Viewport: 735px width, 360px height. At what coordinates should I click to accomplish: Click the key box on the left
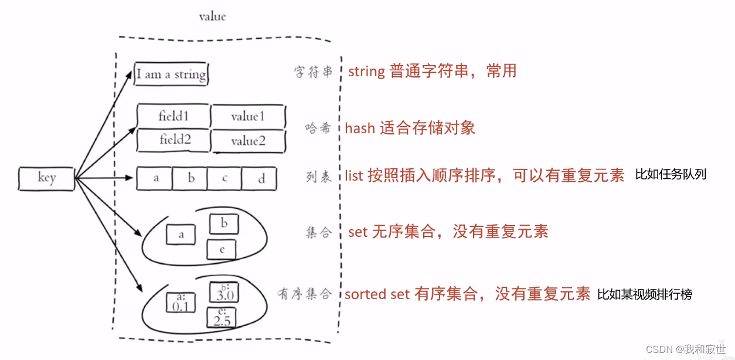pos(46,179)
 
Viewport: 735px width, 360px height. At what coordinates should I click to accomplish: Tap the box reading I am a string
pos(171,74)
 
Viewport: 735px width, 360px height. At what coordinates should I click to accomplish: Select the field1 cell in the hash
pos(173,116)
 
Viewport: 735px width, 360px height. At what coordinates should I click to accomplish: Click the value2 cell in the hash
pos(248,141)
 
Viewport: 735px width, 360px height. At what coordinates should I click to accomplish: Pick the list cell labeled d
pos(261,179)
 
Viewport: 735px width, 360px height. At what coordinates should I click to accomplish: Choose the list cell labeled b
pos(191,179)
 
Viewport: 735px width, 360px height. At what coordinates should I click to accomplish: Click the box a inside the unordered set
pos(181,235)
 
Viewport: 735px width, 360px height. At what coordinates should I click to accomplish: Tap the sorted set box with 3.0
pos(223,293)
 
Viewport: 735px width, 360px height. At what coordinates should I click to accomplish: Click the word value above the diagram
pos(212,16)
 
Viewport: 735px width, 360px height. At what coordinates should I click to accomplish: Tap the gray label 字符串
pos(314,72)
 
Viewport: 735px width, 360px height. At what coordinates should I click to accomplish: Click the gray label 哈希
pos(319,128)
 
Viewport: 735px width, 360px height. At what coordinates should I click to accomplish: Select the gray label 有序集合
pos(305,294)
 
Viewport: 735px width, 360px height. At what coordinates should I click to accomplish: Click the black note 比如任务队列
pos(671,174)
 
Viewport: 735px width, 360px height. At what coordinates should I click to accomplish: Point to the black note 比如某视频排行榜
pos(645,294)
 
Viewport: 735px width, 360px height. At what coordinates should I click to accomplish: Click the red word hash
pos(360,128)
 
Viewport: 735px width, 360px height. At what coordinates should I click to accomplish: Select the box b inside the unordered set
pos(224,223)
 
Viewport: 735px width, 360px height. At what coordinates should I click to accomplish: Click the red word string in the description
pos(366,72)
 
